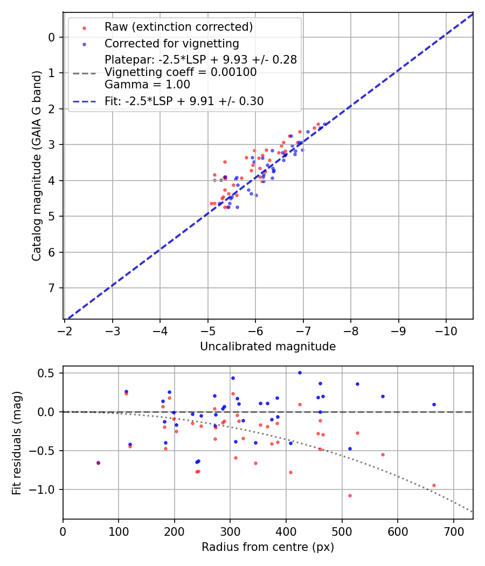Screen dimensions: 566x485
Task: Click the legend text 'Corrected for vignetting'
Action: pos(171,43)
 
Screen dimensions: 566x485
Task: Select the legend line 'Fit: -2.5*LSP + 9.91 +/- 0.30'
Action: pos(184,101)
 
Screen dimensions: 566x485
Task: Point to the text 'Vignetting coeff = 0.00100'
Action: pos(181,72)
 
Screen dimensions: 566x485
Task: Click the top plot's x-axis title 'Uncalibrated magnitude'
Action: pos(268,347)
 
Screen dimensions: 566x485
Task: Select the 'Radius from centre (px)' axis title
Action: pos(268,547)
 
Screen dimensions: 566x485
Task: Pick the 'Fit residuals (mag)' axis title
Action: pos(17,443)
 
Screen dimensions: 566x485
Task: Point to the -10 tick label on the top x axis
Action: pos(446,329)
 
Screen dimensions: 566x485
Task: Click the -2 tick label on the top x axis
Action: pos(65,329)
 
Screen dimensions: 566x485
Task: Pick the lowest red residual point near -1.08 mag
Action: pos(350,495)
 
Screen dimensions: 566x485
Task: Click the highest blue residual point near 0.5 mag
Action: pos(300,372)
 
